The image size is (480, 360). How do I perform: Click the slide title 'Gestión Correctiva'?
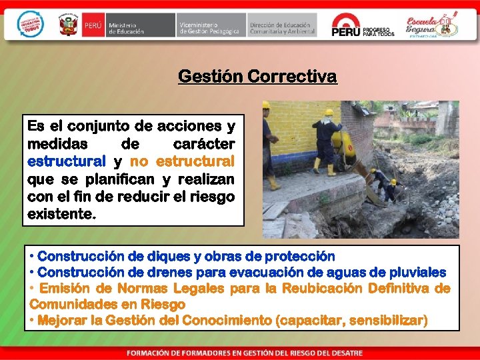257,77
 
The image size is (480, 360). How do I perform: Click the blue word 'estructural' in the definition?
66,161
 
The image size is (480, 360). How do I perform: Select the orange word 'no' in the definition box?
139,161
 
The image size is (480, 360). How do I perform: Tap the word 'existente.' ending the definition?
62,215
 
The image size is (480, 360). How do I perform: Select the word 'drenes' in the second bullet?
162,272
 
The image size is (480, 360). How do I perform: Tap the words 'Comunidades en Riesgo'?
107,304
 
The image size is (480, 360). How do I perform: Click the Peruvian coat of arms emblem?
69,26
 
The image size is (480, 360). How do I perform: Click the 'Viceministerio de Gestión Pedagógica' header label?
209,26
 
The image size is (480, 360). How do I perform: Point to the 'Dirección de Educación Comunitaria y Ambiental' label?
282,26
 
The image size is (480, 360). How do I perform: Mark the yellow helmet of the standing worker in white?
328,111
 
